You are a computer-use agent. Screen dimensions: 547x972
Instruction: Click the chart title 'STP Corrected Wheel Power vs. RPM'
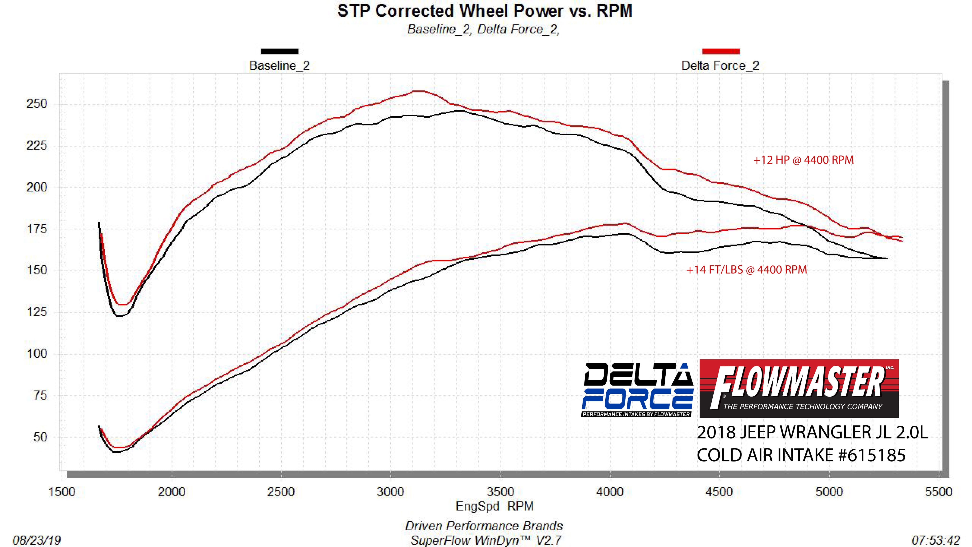[x=485, y=11]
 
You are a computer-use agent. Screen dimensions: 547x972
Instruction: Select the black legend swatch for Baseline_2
[x=280, y=51]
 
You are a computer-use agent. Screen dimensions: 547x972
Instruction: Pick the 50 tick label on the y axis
[x=40, y=437]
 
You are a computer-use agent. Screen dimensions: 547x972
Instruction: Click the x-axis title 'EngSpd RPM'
[x=494, y=506]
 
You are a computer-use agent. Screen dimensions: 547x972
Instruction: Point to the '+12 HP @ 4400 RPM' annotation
[x=803, y=160]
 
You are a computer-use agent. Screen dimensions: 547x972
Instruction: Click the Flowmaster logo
[x=799, y=388]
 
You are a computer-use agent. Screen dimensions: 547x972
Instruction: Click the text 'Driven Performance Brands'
[x=484, y=526]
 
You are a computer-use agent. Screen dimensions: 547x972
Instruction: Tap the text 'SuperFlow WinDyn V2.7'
[x=486, y=540]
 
